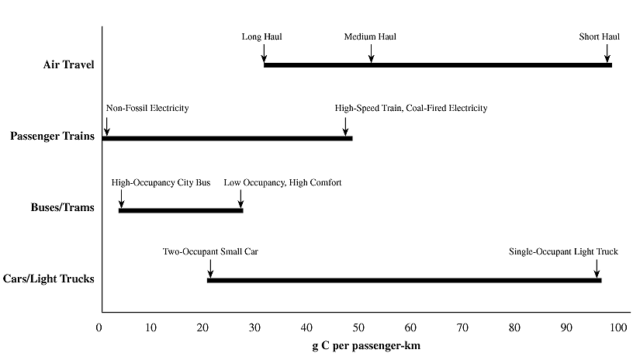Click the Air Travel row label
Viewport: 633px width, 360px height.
coord(69,64)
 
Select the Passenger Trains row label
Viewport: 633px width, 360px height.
coord(53,137)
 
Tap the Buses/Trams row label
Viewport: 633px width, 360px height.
coord(63,208)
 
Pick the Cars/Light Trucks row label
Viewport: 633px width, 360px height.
coord(53,278)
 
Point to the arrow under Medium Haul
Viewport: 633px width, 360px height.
coord(371,53)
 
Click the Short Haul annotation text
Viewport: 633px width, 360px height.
coord(599,36)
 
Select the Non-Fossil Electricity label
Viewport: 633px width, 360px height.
coord(147,109)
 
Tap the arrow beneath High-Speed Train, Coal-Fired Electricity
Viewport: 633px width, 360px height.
coord(346,126)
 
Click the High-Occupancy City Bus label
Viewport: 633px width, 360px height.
coord(161,182)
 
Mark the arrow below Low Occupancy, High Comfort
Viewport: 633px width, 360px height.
coord(240,199)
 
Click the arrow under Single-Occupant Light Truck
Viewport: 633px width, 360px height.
coord(597,268)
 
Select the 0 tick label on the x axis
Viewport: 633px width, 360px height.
coord(99,327)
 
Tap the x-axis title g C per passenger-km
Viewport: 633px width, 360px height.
coord(361,344)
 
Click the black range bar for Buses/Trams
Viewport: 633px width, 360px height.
coord(181,210)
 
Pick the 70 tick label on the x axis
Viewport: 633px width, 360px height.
coord(462,327)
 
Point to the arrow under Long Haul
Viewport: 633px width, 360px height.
coord(265,53)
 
